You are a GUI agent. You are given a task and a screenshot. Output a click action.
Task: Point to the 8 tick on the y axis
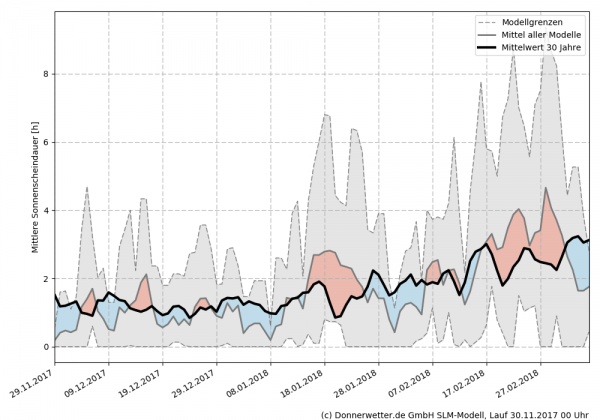(x=45, y=74)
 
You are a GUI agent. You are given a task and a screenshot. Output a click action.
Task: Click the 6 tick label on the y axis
(x=45, y=142)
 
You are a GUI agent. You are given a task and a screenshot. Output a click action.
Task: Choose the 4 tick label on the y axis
(x=45, y=210)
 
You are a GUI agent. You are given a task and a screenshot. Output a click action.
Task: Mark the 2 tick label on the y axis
(x=45, y=279)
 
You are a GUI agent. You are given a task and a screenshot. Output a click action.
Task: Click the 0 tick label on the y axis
(x=45, y=347)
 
